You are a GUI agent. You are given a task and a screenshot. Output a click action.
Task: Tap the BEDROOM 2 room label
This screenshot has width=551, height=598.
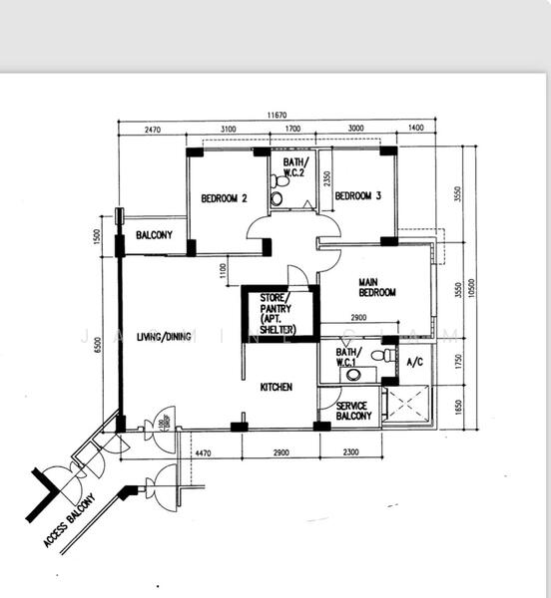pyautogui.click(x=224, y=197)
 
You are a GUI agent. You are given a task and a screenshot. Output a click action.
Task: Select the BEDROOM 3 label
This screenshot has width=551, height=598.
pyautogui.click(x=358, y=196)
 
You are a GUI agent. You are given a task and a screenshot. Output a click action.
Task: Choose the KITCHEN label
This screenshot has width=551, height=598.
pyautogui.click(x=275, y=387)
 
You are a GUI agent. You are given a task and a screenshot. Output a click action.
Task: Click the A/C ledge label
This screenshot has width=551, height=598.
pyautogui.click(x=416, y=363)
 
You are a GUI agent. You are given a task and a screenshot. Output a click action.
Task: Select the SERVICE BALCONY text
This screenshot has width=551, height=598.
pyautogui.click(x=353, y=412)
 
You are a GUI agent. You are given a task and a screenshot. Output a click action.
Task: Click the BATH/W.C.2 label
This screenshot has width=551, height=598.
pyautogui.click(x=295, y=166)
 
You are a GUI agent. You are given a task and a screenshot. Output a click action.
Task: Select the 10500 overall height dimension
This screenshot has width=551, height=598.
pyautogui.click(x=473, y=287)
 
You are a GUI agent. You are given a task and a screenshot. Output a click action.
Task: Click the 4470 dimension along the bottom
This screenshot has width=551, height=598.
pyautogui.click(x=203, y=453)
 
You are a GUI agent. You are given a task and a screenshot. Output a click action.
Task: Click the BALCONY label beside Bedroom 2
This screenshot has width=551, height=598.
pyautogui.click(x=154, y=235)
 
